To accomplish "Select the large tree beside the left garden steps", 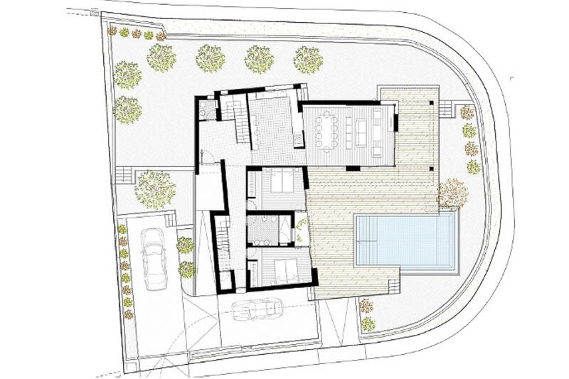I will [154, 189].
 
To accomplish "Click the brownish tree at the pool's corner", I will [452, 193].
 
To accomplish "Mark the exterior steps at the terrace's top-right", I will [446, 108].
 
